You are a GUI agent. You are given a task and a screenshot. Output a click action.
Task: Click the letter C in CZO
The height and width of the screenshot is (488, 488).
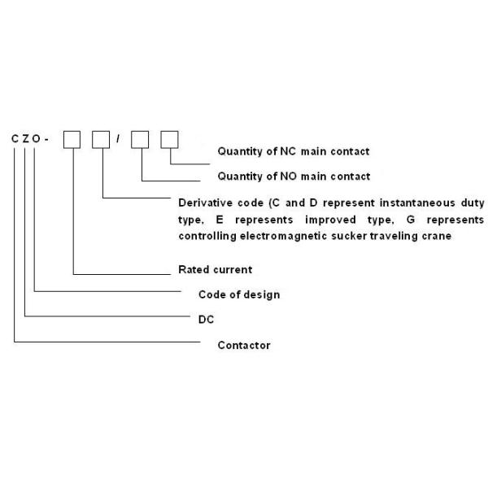(x=15, y=139)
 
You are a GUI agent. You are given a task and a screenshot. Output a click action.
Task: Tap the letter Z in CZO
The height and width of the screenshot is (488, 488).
(x=26, y=139)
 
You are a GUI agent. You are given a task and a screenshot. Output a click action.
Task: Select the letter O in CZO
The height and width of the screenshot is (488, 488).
(x=37, y=139)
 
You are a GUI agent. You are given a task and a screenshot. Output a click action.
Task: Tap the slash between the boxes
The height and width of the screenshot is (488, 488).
(x=120, y=139)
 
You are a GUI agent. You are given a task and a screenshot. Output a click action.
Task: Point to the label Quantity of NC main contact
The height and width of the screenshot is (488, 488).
(x=294, y=151)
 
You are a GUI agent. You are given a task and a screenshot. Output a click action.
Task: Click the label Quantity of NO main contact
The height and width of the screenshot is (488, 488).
(x=294, y=176)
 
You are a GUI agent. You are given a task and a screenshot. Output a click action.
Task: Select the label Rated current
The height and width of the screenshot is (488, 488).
(x=215, y=269)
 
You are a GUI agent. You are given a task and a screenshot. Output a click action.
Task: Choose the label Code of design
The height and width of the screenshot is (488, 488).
(x=239, y=294)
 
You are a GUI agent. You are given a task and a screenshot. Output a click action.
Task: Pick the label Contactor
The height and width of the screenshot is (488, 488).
(x=244, y=345)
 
